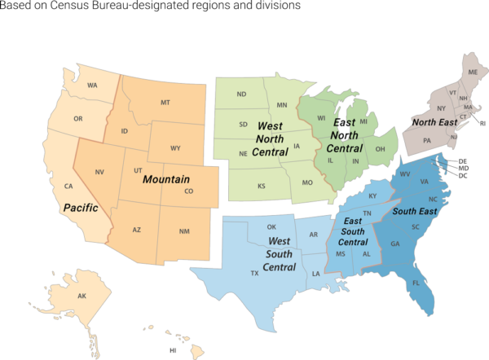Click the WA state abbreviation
[92, 86]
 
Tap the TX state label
[254, 274]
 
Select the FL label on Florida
[416, 284]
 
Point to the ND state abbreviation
[241, 94]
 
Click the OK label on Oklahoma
[271, 227]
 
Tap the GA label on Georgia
[395, 244]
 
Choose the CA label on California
[69, 187]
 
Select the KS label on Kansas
[262, 187]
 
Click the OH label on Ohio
[381, 148]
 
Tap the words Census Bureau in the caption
[90, 7]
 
